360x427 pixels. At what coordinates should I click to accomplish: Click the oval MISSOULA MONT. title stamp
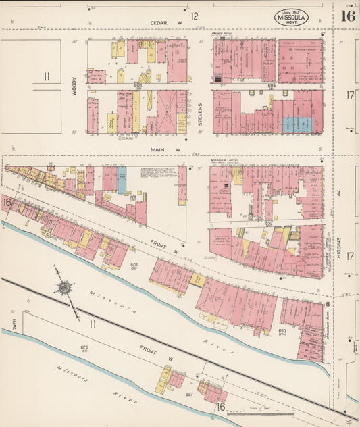click(x=291, y=18)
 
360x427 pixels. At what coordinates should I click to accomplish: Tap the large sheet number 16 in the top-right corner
click(x=348, y=16)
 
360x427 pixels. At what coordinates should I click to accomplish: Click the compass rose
click(x=65, y=287)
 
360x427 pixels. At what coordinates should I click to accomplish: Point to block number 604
click(x=138, y=86)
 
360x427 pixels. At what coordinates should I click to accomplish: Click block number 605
click(x=272, y=86)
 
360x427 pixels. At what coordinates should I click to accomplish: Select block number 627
click(x=189, y=394)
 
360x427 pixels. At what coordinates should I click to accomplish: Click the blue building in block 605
click(x=298, y=124)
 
